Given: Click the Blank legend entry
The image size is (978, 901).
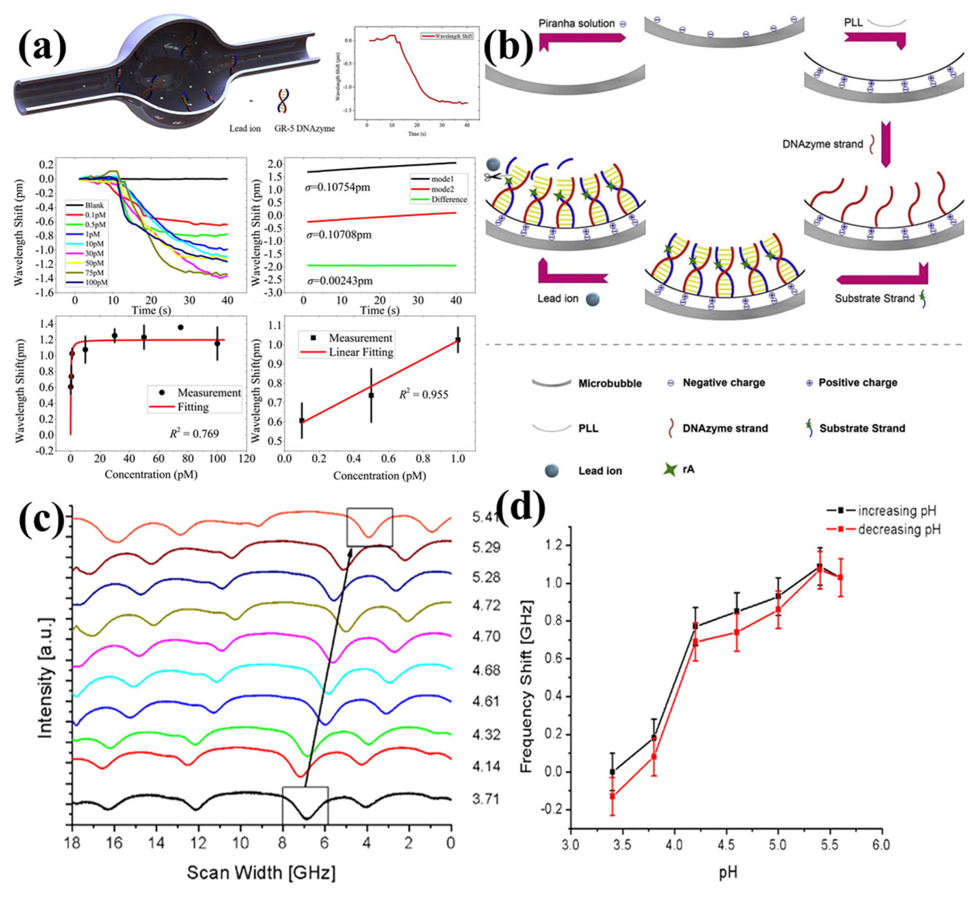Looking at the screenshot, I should [x=94, y=205].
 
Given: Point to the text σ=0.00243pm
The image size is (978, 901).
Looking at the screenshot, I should [x=339, y=281].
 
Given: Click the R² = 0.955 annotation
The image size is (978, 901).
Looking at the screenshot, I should [x=423, y=395].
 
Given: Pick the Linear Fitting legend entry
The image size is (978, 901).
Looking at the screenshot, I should [x=360, y=352].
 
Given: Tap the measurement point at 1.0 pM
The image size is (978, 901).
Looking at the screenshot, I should [x=458, y=340].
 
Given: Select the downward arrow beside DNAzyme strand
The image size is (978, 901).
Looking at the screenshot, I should [x=886, y=145].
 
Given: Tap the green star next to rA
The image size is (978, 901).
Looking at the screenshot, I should [x=671, y=469].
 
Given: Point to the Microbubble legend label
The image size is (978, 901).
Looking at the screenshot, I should [x=610, y=383].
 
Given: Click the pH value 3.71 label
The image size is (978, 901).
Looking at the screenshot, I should [x=486, y=799].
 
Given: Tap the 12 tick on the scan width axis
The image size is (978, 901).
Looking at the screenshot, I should [x=198, y=843].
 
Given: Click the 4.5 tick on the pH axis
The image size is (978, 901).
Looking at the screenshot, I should [x=726, y=844].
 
